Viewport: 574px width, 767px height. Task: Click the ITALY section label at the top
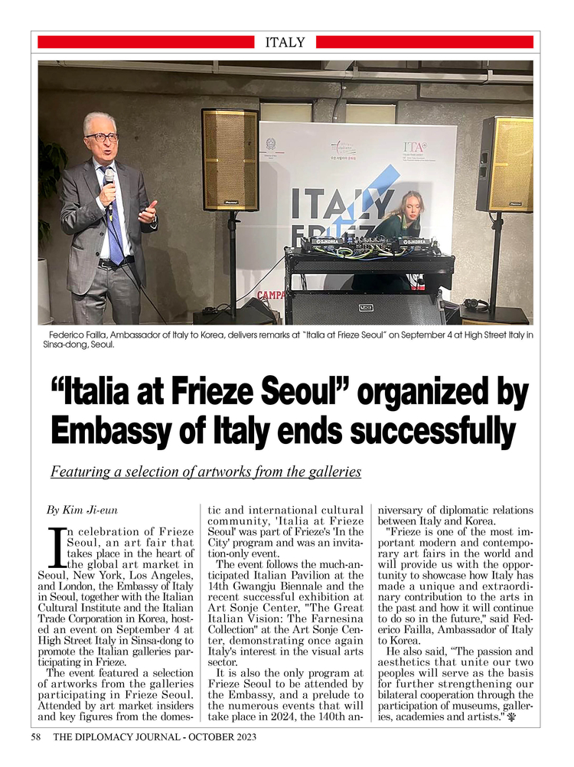pos(285,43)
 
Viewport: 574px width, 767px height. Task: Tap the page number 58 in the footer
pos(36,737)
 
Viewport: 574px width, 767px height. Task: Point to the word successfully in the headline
pos(439,430)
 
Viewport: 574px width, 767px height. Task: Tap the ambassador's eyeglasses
pos(101,138)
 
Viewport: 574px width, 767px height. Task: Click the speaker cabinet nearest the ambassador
pos(230,160)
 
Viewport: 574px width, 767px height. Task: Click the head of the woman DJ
pos(410,205)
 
